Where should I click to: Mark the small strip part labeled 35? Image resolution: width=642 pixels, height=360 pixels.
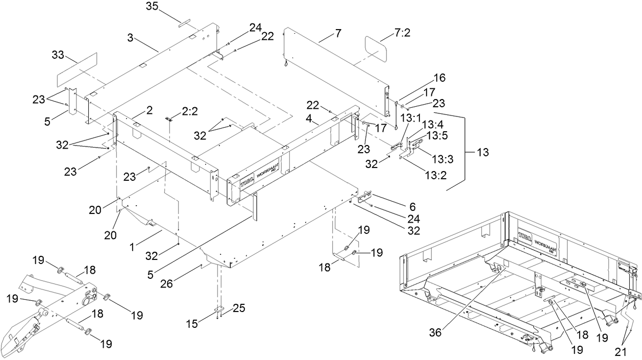(x=184, y=22)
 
